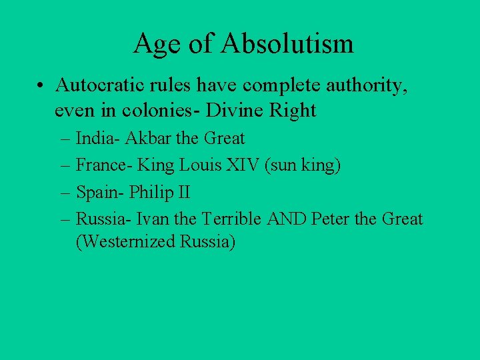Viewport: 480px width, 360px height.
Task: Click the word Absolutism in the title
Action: point(287,44)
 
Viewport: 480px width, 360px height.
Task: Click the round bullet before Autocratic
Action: point(41,86)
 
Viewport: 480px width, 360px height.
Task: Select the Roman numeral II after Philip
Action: point(183,193)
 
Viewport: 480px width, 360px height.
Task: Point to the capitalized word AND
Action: point(289,219)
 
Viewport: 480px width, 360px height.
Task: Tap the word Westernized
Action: point(125,241)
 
